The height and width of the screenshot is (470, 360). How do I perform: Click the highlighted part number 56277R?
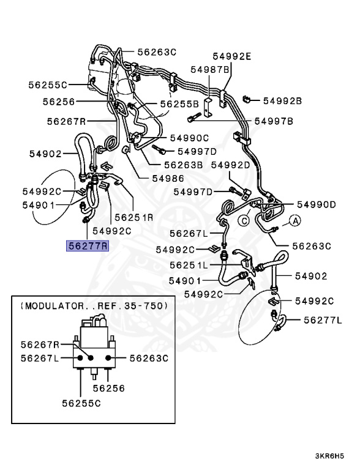[88, 246]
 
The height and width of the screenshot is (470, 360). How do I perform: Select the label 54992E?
[232, 56]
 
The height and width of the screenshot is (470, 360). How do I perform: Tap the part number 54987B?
[210, 70]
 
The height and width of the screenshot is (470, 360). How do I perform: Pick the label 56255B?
[179, 104]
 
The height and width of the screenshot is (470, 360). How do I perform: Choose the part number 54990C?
[189, 138]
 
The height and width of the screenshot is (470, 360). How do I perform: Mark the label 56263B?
[182, 164]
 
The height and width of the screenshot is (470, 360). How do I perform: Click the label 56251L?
[189, 265]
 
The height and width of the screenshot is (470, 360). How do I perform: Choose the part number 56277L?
[323, 320]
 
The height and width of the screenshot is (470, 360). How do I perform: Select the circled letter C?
[243, 221]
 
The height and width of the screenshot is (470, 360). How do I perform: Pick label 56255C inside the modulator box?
[81, 403]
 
